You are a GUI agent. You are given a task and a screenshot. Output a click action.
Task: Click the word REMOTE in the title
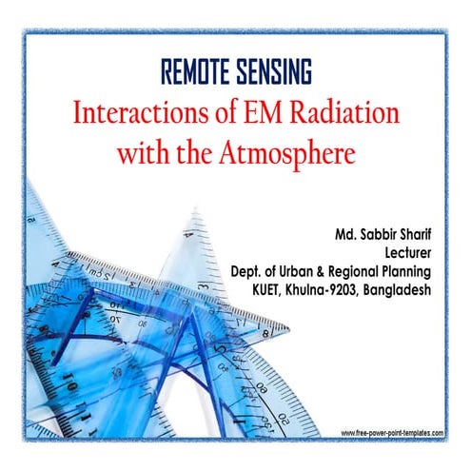[196, 72]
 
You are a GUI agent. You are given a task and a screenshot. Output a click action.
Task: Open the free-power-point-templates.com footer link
[391, 432]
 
